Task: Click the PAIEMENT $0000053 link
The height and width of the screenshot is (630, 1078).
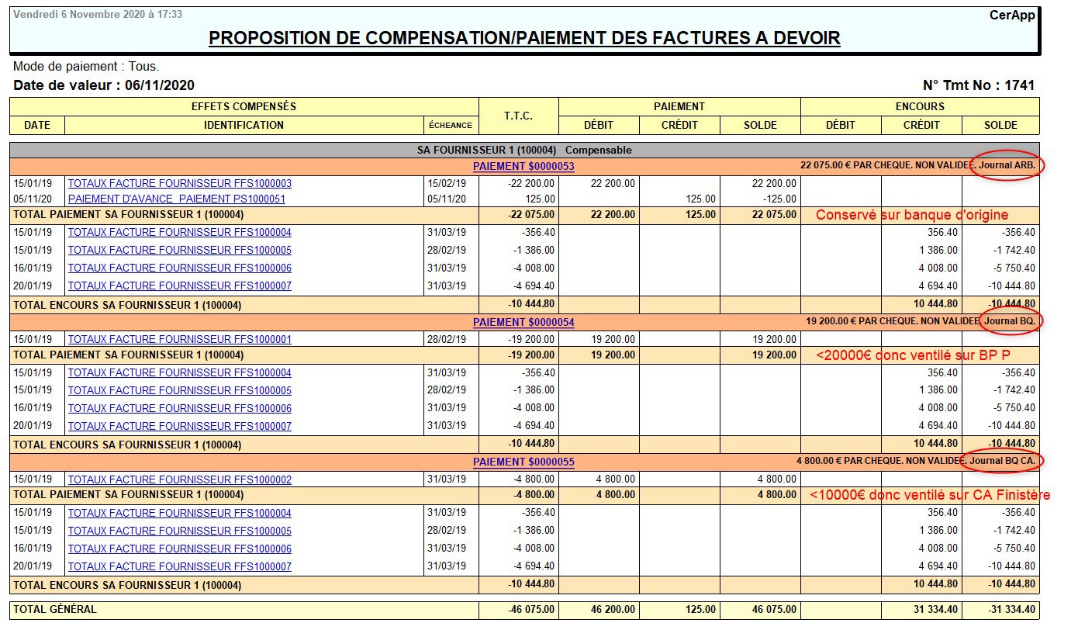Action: pos(523,166)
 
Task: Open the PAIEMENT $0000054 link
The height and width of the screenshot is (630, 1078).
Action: pos(523,322)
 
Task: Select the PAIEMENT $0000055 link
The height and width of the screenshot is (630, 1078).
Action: pos(523,462)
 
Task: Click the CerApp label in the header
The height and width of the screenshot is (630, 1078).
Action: pos(1012,15)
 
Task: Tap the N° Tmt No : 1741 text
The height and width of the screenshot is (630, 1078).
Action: pos(979,85)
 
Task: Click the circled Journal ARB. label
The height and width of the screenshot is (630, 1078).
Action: pos(1007,165)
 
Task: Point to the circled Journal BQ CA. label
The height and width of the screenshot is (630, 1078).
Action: pos(1002,461)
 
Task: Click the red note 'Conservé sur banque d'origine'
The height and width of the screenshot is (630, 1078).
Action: pos(912,215)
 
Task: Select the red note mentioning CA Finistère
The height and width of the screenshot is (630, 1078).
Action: pos(930,495)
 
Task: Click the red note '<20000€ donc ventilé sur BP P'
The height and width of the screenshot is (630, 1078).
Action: pos(912,355)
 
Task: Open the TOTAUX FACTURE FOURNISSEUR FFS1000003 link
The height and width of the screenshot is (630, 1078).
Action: pos(180,184)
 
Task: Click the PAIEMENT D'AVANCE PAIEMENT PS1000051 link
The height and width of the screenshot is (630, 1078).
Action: pos(177,199)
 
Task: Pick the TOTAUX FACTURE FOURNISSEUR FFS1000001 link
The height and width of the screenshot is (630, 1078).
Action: pos(180,340)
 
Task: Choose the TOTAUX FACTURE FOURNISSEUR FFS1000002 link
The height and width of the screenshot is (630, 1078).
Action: pos(180,479)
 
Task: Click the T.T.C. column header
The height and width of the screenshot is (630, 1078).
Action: pos(518,116)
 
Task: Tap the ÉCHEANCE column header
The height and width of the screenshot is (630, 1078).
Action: pos(450,125)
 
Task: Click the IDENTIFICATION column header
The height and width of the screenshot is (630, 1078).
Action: pos(244,125)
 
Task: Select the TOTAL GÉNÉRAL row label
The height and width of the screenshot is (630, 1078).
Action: pos(55,610)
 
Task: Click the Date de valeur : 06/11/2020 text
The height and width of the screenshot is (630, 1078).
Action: pos(104,85)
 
